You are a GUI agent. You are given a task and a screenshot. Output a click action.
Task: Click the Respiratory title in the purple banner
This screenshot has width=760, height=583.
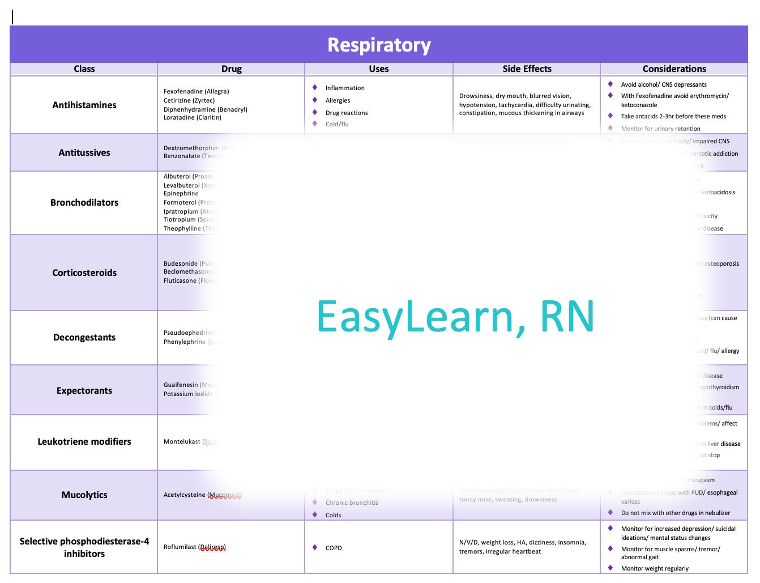(x=379, y=45)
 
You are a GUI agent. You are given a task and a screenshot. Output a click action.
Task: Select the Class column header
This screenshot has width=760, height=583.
(x=84, y=69)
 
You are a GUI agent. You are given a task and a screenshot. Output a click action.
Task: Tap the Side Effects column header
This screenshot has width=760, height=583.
(x=527, y=69)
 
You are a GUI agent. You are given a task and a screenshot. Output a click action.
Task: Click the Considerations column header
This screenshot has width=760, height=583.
(x=674, y=69)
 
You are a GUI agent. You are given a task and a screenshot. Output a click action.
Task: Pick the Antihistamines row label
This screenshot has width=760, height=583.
(x=84, y=105)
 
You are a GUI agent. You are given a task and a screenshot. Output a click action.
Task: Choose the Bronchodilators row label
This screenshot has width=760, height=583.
(x=84, y=202)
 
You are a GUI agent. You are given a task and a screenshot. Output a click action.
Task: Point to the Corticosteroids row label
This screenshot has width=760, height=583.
(x=84, y=273)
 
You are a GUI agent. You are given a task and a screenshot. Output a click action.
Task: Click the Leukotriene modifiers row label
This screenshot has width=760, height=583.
(x=84, y=441)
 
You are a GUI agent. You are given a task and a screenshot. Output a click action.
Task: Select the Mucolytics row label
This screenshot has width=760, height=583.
(x=84, y=495)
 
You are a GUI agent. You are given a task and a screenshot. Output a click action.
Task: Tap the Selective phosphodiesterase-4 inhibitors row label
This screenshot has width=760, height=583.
(x=84, y=547)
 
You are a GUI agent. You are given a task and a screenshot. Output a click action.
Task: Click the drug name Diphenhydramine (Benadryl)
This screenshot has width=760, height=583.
(x=205, y=109)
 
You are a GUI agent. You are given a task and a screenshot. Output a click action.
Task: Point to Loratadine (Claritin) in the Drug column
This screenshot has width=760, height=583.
(x=192, y=117)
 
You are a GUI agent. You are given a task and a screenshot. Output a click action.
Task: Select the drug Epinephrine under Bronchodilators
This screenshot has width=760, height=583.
(x=181, y=193)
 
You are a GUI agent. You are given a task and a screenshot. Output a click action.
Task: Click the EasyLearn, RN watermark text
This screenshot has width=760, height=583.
(x=455, y=316)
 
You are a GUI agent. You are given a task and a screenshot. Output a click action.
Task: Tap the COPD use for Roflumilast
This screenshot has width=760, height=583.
(x=333, y=548)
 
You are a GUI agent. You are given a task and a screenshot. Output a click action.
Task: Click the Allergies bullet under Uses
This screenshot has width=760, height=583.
(x=338, y=100)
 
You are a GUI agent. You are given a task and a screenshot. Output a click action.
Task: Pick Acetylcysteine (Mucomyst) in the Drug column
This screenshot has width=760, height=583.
(x=202, y=495)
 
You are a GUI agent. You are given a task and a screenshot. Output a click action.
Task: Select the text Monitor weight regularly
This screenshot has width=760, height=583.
(x=655, y=568)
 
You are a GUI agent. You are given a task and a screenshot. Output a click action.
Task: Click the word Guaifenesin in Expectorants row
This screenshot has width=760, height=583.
(x=181, y=385)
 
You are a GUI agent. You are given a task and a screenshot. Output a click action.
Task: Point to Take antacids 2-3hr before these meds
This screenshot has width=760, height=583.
(x=673, y=116)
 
